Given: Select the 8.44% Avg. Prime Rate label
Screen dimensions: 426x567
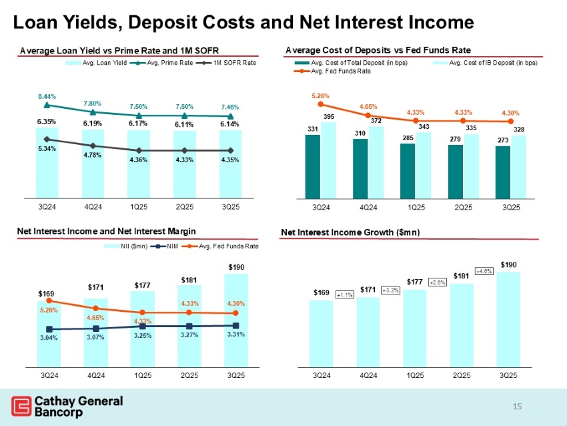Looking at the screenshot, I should pyautogui.click(x=46, y=95).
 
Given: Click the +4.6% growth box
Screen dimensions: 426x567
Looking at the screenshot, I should pyautogui.click(x=484, y=270).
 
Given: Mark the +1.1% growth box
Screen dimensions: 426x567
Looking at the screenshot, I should pyautogui.click(x=344, y=294).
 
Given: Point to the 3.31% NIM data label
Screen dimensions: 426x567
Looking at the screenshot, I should pyautogui.click(x=235, y=335).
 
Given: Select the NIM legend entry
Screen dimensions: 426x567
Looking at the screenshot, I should pyautogui.click(x=168, y=246).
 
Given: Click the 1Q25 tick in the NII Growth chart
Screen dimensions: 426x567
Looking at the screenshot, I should pyautogui.click(x=416, y=375).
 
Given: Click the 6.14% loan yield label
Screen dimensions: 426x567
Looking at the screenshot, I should pyautogui.click(x=230, y=124).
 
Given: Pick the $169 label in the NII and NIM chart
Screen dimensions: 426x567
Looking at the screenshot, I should pyautogui.click(x=46, y=292).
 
